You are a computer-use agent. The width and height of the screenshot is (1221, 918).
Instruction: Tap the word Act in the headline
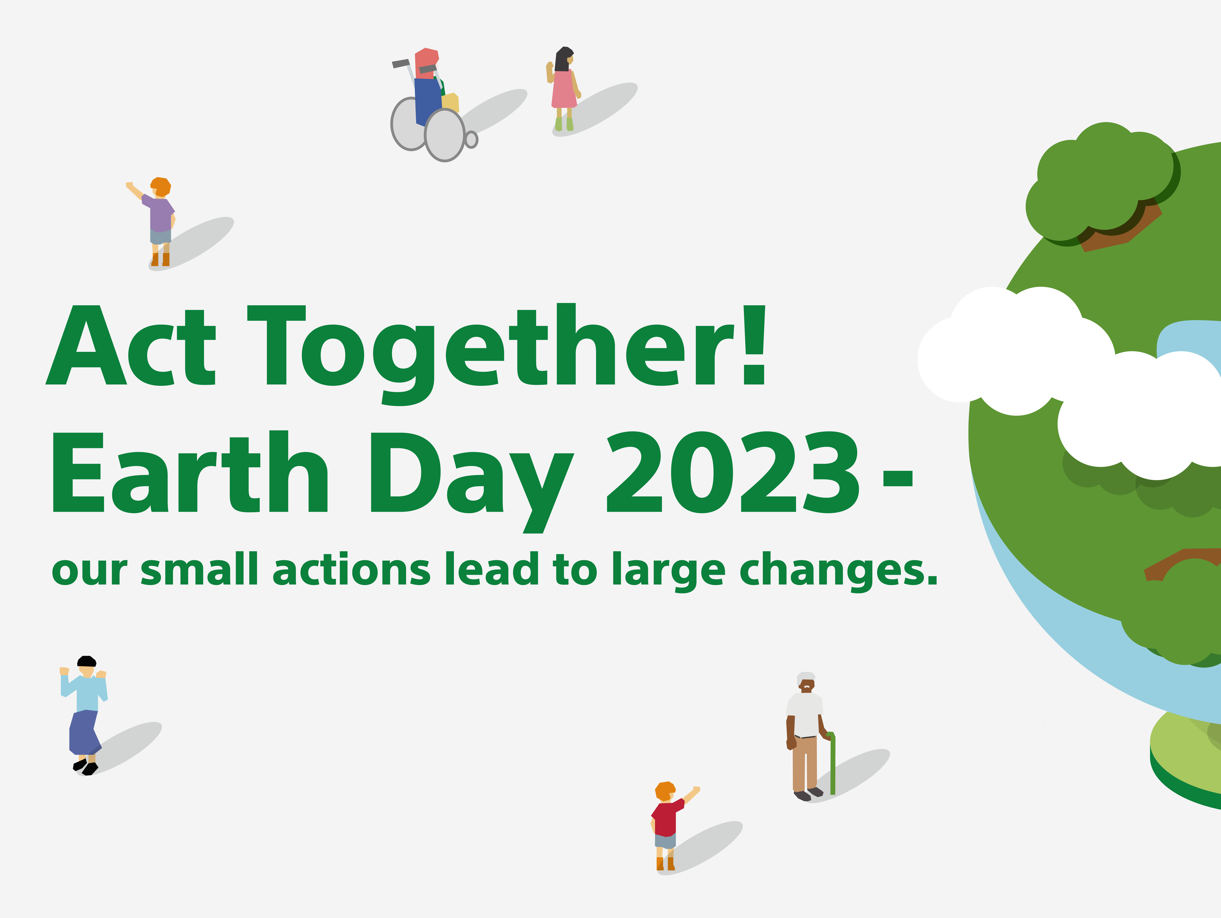coord(131,345)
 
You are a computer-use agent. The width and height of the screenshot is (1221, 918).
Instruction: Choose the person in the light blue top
coord(84,715)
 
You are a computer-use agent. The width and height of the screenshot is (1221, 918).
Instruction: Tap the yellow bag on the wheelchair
coord(450,103)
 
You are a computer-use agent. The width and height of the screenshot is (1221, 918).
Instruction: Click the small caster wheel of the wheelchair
coord(471,140)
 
